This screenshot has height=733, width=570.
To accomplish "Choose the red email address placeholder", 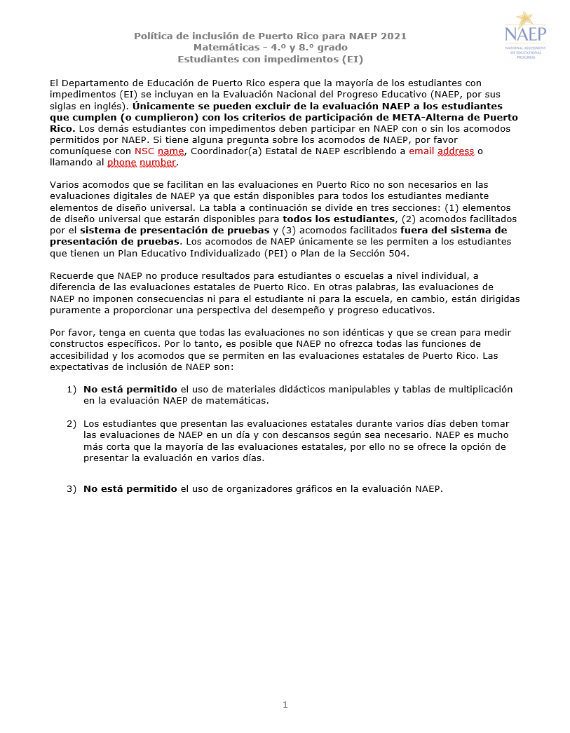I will (441, 151).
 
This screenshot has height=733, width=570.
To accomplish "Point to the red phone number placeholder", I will (142, 163).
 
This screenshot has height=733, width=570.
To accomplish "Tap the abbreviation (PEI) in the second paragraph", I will (277, 253).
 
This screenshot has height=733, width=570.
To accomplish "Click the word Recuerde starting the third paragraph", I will (73, 276).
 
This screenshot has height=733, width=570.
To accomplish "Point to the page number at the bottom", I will (285, 704).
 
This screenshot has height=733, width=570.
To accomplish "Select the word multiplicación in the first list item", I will (480, 389).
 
